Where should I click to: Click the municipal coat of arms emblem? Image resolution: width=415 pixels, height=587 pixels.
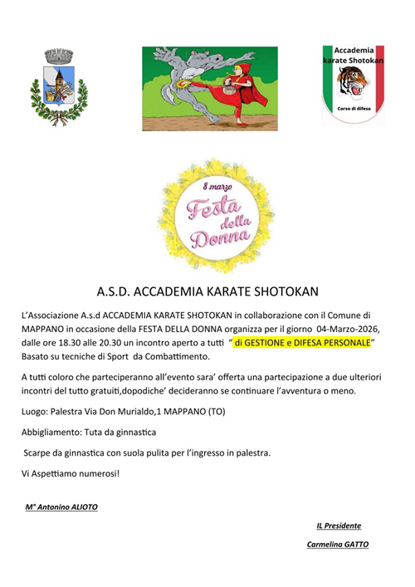pyautogui.click(x=58, y=86)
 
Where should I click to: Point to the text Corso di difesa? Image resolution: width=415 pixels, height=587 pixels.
pyautogui.click(x=353, y=110)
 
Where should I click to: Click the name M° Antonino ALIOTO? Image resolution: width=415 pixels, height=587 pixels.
pyautogui.click(x=61, y=506)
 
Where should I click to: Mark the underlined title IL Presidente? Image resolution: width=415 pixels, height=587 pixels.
pyautogui.click(x=339, y=525)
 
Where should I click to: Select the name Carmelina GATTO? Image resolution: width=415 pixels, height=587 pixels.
pyautogui.click(x=337, y=545)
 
